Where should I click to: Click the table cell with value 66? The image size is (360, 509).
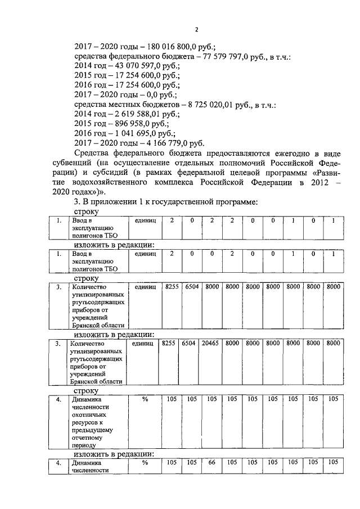(x=210, y=462)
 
